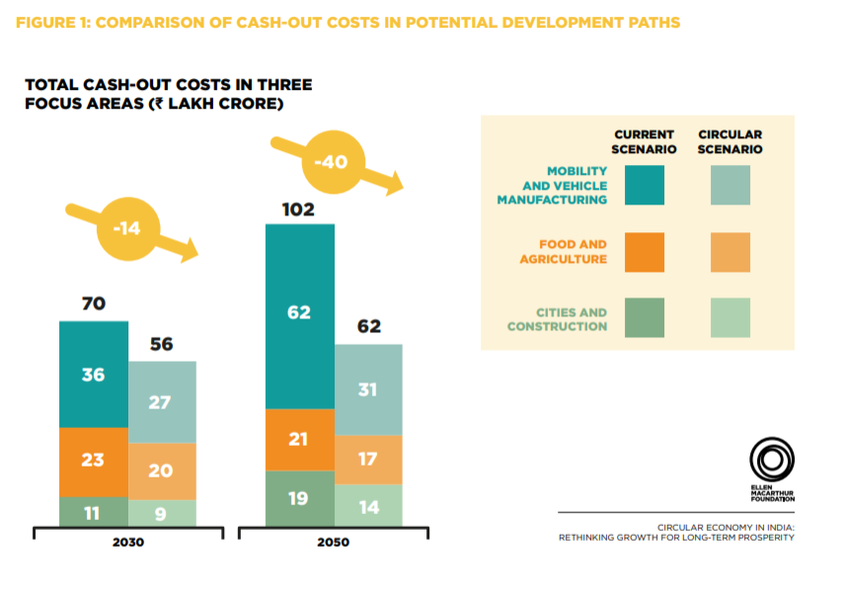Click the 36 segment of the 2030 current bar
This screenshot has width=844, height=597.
click(x=94, y=375)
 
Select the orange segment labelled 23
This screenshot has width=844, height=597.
click(x=94, y=462)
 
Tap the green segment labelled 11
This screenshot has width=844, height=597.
click(x=94, y=512)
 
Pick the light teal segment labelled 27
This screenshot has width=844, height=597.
click(x=163, y=401)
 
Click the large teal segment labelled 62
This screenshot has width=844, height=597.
click(x=300, y=313)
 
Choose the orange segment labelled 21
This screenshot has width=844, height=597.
click(x=300, y=439)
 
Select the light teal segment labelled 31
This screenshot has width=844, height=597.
click(x=368, y=389)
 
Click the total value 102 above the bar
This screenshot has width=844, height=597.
click(x=299, y=210)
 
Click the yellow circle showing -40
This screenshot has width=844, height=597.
click(x=332, y=162)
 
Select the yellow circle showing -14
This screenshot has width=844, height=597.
click(x=126, y=229)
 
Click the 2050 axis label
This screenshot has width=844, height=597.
click(x=333, y=543)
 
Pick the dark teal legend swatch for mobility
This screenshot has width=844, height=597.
click(x=645, y=185)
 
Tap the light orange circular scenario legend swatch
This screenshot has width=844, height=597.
click(x=730, y=252)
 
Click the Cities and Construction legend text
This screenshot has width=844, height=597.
click(x=558, y=319)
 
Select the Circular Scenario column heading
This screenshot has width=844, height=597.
click(x=730, y=141)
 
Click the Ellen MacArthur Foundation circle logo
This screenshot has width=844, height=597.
click(x=772, y=460)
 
